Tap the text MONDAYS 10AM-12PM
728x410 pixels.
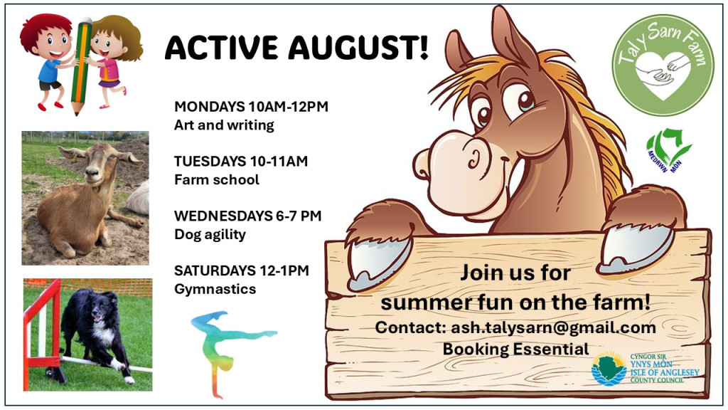[251, 107]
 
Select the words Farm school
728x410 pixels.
[216, 179]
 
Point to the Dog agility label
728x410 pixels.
[210, 235]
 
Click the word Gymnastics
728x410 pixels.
[215, 289]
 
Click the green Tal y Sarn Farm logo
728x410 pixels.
[663, 65]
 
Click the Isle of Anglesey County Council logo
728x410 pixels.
[645, 368]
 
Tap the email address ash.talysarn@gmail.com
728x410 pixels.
[553, 327]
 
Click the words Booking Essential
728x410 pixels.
[515, 349]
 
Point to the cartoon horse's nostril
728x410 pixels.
[473, 159]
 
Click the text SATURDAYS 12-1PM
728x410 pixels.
[242, 270]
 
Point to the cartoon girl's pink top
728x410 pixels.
[110, 70]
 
